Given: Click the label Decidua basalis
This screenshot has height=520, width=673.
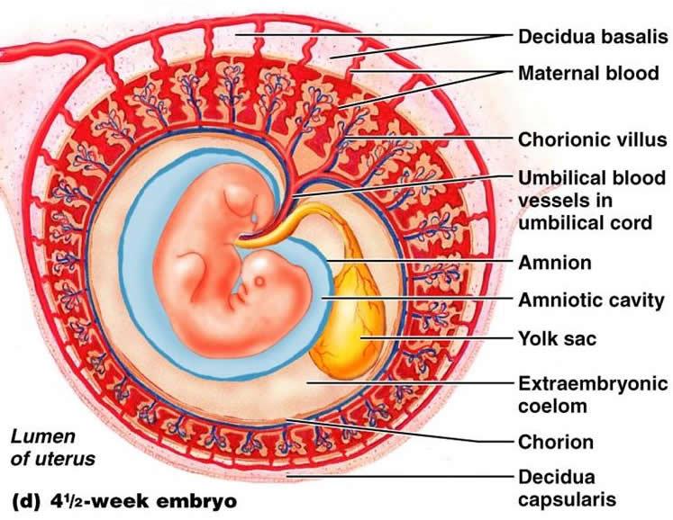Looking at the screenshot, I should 592,38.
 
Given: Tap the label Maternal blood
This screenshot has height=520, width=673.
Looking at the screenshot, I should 588,74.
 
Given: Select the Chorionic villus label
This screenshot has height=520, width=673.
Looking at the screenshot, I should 592,139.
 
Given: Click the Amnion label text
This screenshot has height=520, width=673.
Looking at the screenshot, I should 554,263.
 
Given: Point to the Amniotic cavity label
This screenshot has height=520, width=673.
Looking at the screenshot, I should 591,300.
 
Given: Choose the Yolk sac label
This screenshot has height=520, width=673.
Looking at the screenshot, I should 559,339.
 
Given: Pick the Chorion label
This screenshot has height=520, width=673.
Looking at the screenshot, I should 555,442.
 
